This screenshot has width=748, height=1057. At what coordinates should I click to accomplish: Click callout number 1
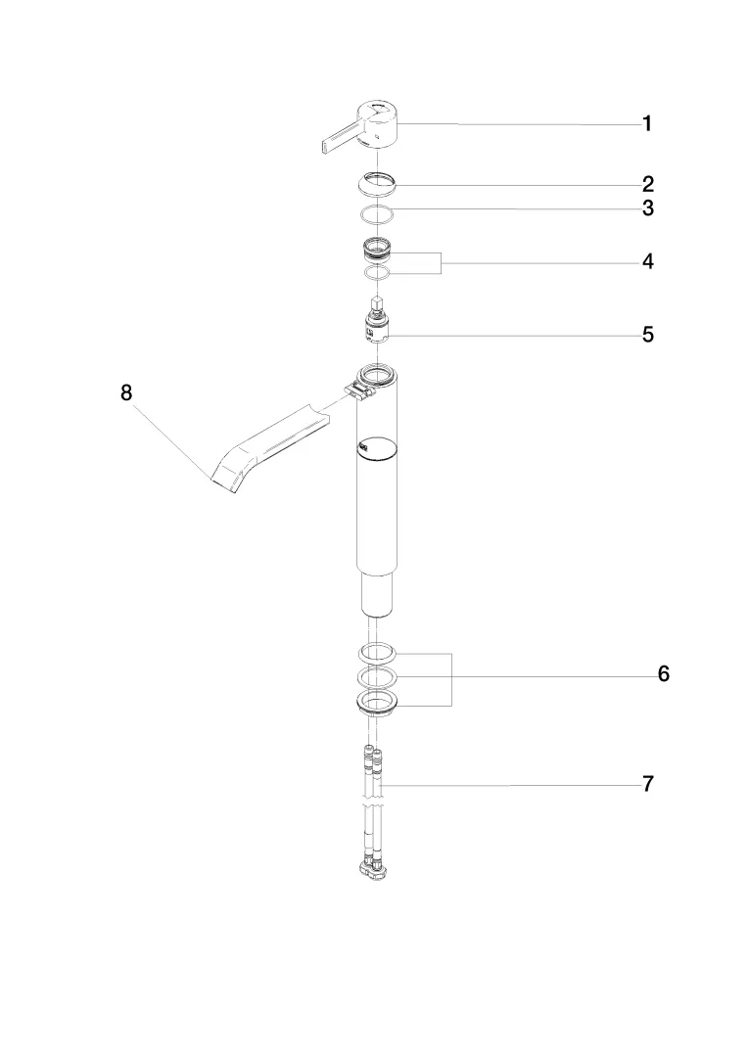tap(646, 124)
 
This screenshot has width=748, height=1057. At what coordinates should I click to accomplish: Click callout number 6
tap(663, 674)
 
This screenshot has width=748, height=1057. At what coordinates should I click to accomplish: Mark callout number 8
tap(125, 392)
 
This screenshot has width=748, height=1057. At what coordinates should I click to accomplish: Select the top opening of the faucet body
tap(377, 373)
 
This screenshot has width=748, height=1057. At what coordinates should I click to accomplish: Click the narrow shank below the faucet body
tap(377, 594)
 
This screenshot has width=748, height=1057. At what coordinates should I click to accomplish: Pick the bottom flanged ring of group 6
tap(377, 703)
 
